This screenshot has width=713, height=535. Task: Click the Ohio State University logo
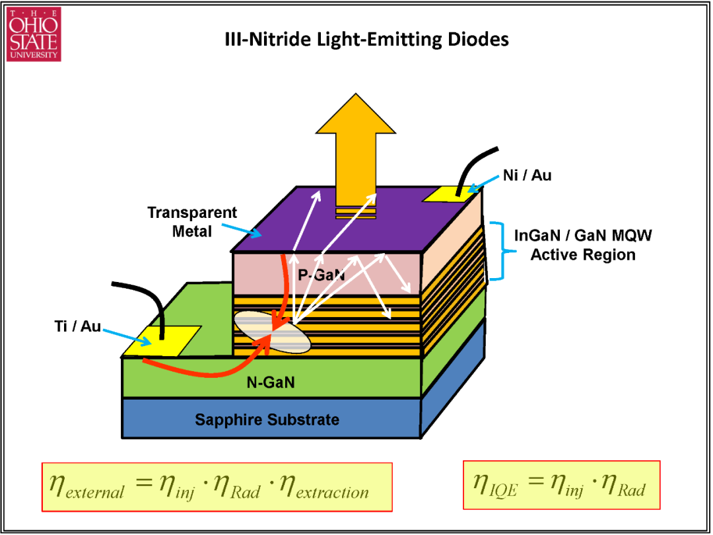tap(34, 34)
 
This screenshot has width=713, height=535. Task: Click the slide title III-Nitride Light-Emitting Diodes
tap(367, 40)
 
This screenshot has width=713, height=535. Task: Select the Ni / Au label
tap(527, 175)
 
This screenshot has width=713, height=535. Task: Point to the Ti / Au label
tap(77, 326)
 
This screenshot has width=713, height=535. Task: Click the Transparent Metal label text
tap(192, 222)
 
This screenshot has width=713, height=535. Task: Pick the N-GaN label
tap(271, 382)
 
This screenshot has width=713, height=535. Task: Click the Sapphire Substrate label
tap(267, 419)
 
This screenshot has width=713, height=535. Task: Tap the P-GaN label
tap(321, 275)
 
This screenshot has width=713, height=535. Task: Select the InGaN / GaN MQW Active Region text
tap(583, 245)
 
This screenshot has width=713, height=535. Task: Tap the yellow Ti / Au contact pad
tap(161, 341)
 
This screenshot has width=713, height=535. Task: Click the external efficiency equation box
tap(217, 487)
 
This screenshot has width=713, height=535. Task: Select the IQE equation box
tap(561, 485)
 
